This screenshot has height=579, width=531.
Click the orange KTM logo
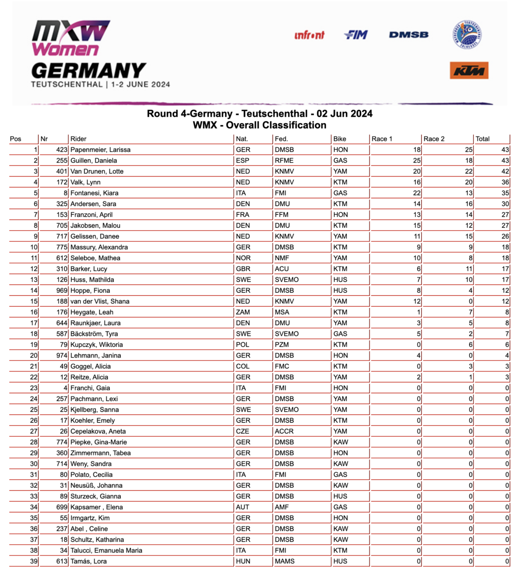[469, 70]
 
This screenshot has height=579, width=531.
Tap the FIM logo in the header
[356, 35]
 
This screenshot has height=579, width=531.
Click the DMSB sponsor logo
[408, 35]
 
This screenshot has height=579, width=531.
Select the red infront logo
[309, 35]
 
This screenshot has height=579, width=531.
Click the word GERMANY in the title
[88, 71]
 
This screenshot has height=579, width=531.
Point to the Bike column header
[340, 139]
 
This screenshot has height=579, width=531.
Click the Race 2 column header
[434, 139]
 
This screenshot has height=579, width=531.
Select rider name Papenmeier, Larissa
[100, 150]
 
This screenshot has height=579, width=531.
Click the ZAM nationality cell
[243, 312]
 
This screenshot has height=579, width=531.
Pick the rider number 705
[62, 225]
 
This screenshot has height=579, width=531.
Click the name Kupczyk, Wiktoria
[96, 345]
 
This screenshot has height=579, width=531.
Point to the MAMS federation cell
[285, 561]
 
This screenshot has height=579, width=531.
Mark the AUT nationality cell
[243, 507]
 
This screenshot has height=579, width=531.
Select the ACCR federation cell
[284, 431]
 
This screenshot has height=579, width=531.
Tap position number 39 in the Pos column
[34, 561]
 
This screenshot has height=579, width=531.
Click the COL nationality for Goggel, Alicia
[243, 366]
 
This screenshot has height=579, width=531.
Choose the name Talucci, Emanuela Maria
[106, 551]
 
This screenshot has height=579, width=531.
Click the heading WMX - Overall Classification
[259, 125]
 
